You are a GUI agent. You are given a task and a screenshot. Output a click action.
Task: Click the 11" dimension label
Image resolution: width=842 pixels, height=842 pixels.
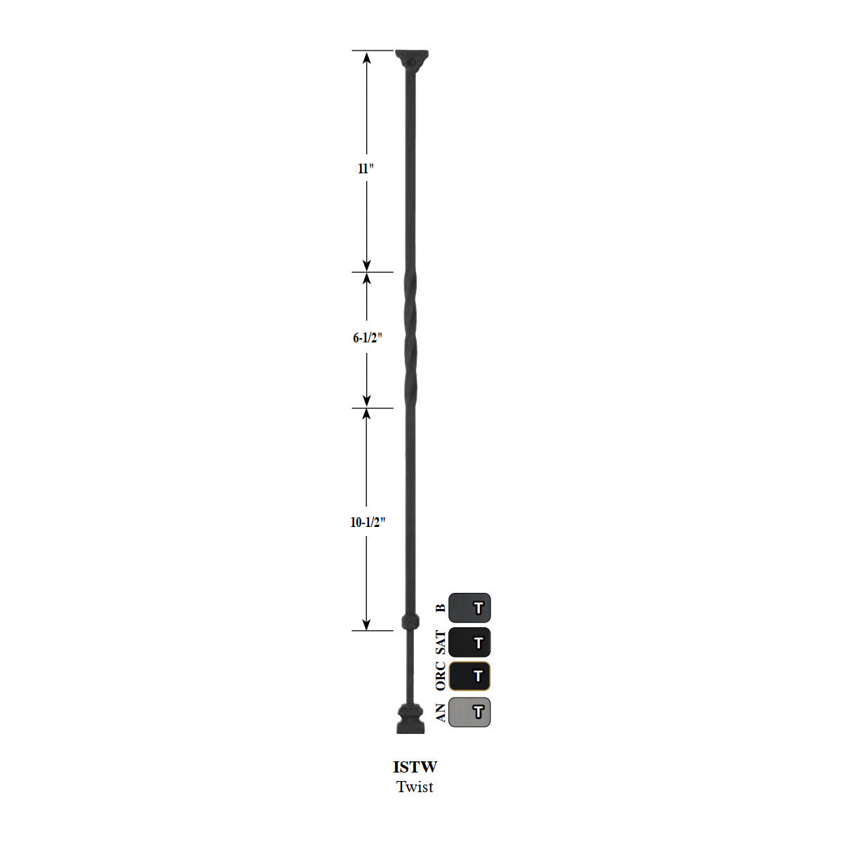pyautogui.click(x=366, y=168)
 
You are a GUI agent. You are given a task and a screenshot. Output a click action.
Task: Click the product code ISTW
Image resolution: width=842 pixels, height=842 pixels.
pyautogui.click(x=415, y=767)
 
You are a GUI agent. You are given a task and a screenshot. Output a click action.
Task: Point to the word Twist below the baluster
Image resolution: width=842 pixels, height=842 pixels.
pyautogui.click(x=415, y=787)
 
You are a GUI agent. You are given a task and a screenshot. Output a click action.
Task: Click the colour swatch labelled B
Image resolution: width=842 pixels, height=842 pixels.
pyautogui.click(x=469, y=608)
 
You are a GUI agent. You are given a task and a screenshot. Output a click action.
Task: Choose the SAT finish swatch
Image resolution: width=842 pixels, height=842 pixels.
pyautogui.click(x=469, y=642)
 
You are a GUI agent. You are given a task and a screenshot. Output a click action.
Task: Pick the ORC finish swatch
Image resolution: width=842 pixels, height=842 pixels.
pyautogui.click(x=469, y=676)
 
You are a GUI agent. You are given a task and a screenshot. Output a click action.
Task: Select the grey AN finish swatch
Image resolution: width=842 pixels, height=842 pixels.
pyautogui.click(x=469, y=712)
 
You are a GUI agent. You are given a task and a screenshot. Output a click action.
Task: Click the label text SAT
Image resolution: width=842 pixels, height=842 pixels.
pyautogui.click(x=440, y=642)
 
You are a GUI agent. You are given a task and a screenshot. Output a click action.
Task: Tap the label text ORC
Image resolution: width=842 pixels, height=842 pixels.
pyautogui.click(x=440, y=676)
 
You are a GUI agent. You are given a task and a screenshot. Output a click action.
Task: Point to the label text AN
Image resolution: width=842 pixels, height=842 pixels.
pyautogui.click(x=440, y=713)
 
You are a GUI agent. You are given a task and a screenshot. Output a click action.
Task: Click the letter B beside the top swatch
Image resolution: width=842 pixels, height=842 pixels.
pyautogui.click(x=440, y=608)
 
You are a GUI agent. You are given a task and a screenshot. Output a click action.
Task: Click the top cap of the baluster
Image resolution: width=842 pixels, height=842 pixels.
pyautogui.click(x=410, y=58)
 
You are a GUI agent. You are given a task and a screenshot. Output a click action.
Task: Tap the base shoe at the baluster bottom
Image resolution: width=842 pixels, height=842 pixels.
pyautogui.click(x=410, y=719)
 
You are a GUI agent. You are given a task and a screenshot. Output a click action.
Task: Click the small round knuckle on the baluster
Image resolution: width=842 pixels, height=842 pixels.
pyautogui.click(x=410, y=621)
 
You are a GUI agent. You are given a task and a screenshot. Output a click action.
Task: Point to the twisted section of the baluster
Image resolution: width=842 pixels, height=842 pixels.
pyautogui.click(x=410, y=339)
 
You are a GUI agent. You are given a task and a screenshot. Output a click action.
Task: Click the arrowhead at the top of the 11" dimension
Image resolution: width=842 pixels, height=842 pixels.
pyautogui.click(x=366, y=56)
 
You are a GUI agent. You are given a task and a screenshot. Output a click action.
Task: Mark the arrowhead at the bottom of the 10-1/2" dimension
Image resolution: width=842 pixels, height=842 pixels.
pyautogui.click(x=366, y=624)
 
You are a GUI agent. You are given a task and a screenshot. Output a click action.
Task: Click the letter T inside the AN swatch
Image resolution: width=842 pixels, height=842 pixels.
pyautogui.click(x=478, y=712)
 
